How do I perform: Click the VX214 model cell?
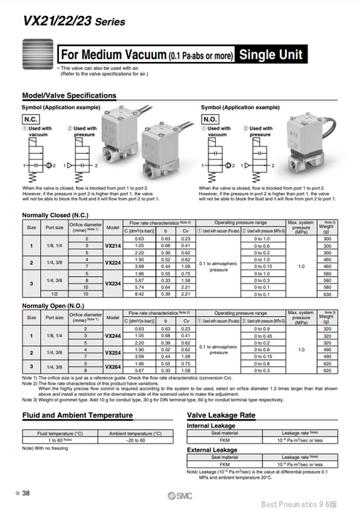[x=113, y=246]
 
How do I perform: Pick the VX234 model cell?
[x=113, y=283]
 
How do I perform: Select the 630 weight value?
[x=329, y=296]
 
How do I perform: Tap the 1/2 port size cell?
[x=55, y=296]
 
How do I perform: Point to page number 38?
[x=27, y=493]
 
